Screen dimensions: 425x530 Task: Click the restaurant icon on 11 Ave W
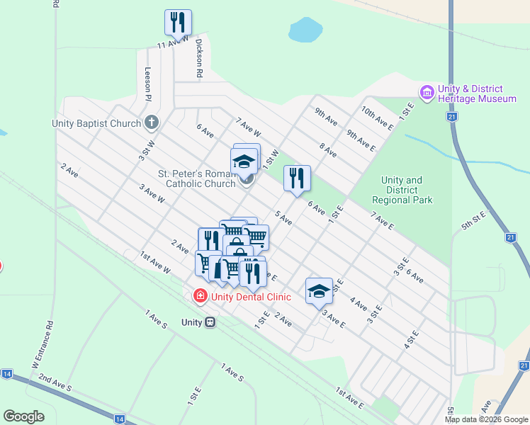pos(178,22)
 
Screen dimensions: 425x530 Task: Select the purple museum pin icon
pos(427,93)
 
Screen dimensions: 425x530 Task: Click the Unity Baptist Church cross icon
pos(151,123)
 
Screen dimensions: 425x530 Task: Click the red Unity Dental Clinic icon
pos(200,296)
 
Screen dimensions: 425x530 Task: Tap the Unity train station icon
pos(210,322)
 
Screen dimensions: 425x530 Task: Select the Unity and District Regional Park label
pos(402,190)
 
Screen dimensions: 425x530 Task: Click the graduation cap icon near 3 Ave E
pos(319,290)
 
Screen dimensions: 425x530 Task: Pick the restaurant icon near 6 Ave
pos(297,178)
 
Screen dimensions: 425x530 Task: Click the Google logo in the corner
pos(23,416)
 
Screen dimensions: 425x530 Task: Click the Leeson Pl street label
pos(148,81)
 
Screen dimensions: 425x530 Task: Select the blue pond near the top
pos(305,30)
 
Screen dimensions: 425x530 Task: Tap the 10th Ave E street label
pos(377,118)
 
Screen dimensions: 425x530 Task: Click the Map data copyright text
pos(485,419)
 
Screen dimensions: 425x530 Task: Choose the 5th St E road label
pos(473,220)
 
